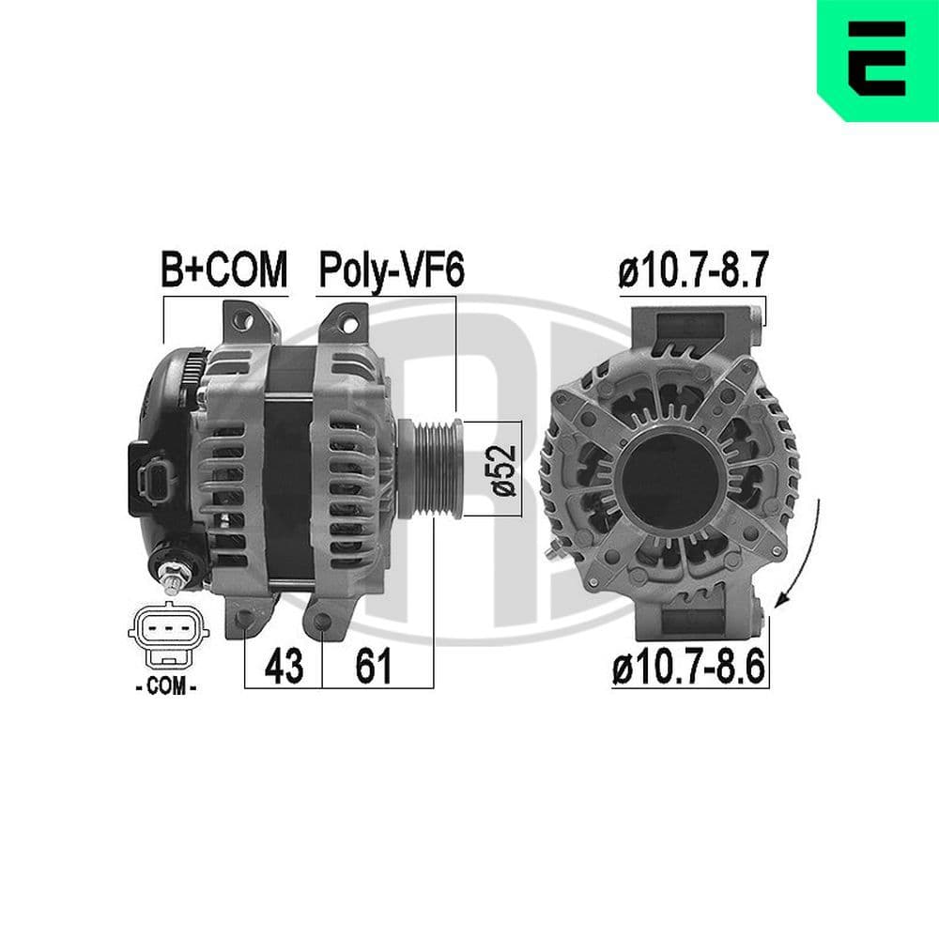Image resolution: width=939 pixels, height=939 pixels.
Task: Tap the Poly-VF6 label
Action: pyautogui.click(x=392, y=270)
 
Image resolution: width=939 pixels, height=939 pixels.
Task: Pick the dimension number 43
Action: pyautogui.click(x=283, y=667)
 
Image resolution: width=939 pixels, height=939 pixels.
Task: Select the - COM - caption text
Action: pyautogui.click(x=165, y=688)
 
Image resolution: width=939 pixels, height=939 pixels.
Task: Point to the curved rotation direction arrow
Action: pyautogui.click(x=806, y=554)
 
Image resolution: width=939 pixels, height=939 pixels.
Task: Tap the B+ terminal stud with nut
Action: pyautogui.click(x=176, y=575)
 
